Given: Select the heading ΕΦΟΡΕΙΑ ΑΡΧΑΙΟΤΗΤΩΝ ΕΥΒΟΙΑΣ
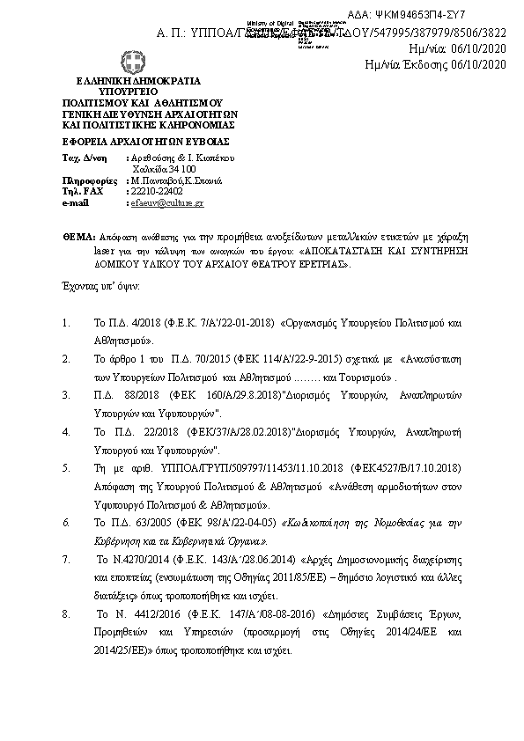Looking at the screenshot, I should click(x=122, y=141).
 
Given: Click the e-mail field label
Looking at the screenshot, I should click(x=77, y=203).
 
